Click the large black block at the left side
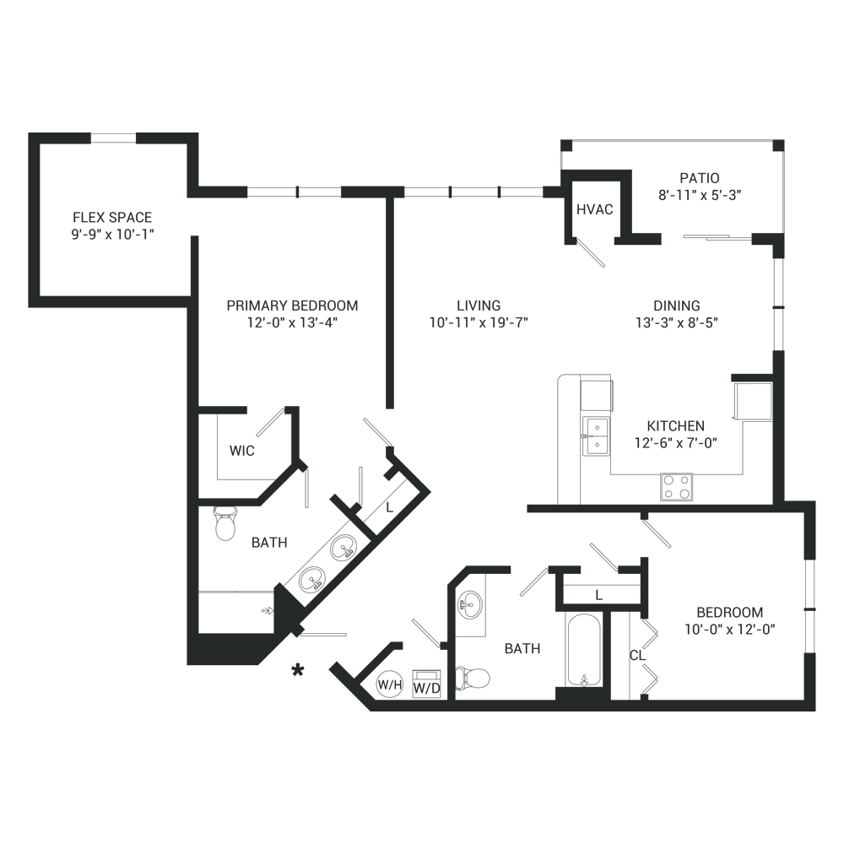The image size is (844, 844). coord(74,540)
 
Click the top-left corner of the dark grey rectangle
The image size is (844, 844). coord(29,133)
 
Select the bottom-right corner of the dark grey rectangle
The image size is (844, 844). coord(815,711)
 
